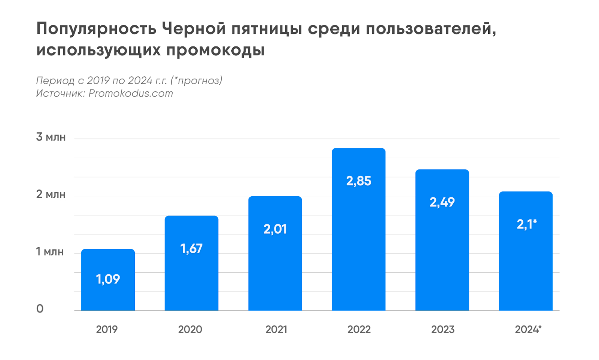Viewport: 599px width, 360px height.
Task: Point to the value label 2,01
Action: pos(275,229)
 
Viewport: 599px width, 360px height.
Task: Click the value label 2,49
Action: pos(442,202)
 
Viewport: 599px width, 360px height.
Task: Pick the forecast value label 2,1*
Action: pos(526,224)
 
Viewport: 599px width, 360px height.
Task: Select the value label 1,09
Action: pos(108,279)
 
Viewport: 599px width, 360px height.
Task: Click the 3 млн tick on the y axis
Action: pos(51,137)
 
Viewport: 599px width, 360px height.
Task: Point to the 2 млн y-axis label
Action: pos(51,194)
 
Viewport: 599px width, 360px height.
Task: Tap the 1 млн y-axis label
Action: pos(50,252)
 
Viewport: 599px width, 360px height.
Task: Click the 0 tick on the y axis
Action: pos(40,309)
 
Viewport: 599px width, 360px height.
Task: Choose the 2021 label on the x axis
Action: pos(276,329)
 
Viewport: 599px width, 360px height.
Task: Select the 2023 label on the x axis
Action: pos(443,329)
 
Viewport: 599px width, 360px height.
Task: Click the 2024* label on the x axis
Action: pos(528,329)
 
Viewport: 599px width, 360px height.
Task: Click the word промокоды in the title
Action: pos(215,50)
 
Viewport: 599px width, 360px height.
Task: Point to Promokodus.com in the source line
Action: pos(131,93)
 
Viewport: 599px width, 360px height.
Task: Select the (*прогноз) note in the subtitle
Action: pos(196,80)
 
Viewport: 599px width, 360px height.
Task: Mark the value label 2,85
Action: pos(359,181)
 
